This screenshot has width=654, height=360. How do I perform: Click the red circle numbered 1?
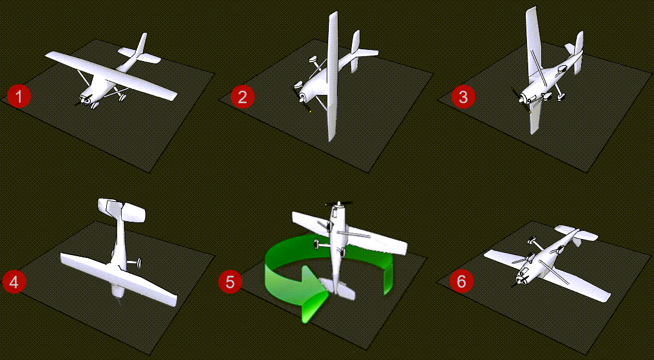tap(19, 97)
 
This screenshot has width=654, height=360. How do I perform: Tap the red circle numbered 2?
tap(242, 97)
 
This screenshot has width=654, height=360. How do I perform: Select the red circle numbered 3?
tap(463, 97)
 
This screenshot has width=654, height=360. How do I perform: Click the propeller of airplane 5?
tap(339, 204)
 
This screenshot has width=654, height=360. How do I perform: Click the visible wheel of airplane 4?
tap(138, 263)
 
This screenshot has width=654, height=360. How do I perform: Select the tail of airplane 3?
tap(576, 52)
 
